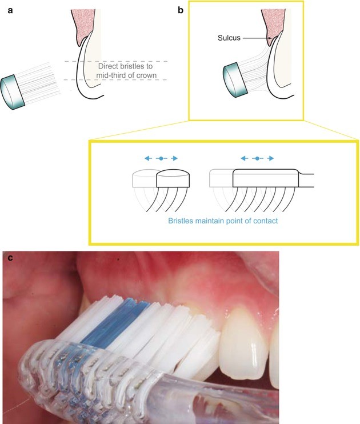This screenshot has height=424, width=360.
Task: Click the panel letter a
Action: coord(10,10)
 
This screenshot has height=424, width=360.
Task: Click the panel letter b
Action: coord(182,10)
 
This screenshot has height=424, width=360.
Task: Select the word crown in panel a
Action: coord(145,75)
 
